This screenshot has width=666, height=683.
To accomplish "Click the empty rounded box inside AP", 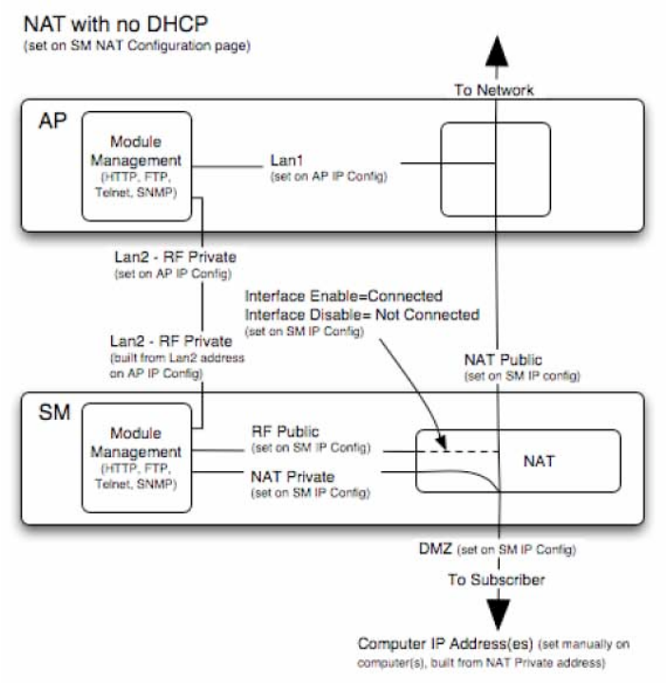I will [495, 169].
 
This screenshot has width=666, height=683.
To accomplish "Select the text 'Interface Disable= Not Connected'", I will [361, 314].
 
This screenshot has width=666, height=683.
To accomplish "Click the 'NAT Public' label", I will [504, 361].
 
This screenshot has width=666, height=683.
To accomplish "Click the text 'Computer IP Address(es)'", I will [436, 642].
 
